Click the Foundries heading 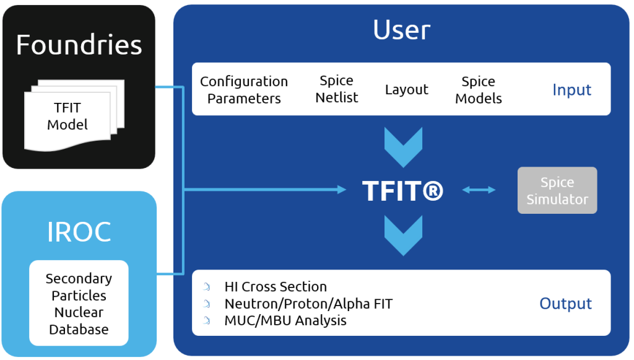click(79, 45)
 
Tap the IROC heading click(79, 232)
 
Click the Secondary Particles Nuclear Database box click(79, 304)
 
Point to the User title click(401, 30)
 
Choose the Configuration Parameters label click(244, 90)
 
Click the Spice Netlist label click(336, 89)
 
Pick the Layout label click(406, 90)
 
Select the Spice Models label click(478, 90)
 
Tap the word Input click(571, 90)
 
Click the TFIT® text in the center click(402, 191)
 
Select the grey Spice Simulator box click(557, 191)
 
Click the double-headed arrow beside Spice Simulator click(479, 190)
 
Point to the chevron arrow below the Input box click(402, 146)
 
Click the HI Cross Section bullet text click(276, 287)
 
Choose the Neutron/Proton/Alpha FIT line click(308, 304)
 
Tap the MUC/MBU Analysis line click(285, 320)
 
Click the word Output click(565, 304)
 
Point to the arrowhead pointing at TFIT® click(342, 190)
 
